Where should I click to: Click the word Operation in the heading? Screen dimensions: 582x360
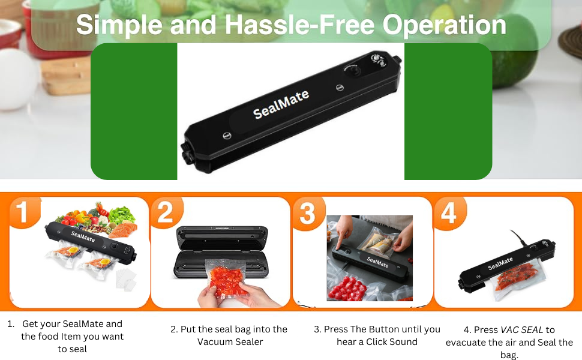pos(444,26)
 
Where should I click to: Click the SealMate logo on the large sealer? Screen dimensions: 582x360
pos(281,104)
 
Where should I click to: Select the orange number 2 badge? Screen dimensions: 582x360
pos(166,212)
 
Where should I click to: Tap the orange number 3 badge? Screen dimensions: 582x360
pos(308,213)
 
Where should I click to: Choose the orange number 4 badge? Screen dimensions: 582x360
pos(450,213)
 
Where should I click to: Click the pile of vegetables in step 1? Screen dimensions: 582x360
pos(97,218)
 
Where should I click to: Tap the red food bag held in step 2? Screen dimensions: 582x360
pos(224,278)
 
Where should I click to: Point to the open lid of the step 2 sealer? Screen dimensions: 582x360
pos(221,238)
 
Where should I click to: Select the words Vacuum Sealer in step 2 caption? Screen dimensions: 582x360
pos(230,342)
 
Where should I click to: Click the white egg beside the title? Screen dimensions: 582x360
pos(17,79)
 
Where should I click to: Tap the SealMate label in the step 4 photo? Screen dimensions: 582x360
pos(500,263)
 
